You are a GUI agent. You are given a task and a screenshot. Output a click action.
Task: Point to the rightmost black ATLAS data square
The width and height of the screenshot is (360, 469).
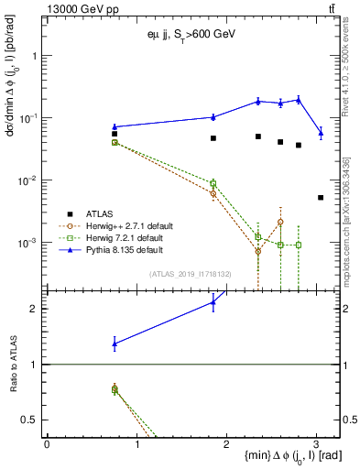tap(321, 197)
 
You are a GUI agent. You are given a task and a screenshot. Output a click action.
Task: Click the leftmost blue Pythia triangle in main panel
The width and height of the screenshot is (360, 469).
tap(115, 126)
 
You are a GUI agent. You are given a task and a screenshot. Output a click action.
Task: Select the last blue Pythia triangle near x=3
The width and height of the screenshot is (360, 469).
tap(321, 133)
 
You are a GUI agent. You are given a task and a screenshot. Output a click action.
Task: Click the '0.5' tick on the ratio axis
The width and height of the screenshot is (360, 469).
tap(33, 420)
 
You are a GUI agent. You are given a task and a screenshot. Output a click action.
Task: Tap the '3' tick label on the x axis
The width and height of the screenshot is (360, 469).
tap(316, 442)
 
